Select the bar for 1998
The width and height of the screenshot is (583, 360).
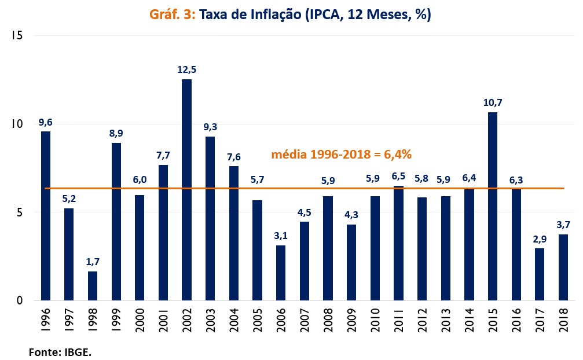(93, 286)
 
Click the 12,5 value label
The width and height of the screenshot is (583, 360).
(186, 70)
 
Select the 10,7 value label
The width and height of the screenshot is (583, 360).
(492, 103)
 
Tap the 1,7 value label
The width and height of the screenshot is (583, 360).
(93, 262)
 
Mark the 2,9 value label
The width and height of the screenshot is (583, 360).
(539, 239)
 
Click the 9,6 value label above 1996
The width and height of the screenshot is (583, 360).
(46, 122)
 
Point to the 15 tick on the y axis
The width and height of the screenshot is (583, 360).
(16, 36)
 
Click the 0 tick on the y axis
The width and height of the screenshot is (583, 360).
(19, 300)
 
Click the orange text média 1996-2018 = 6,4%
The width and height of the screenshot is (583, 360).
(342, 155)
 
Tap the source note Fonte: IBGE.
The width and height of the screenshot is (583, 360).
(60, 351)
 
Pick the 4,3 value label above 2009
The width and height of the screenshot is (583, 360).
(351, 215)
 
